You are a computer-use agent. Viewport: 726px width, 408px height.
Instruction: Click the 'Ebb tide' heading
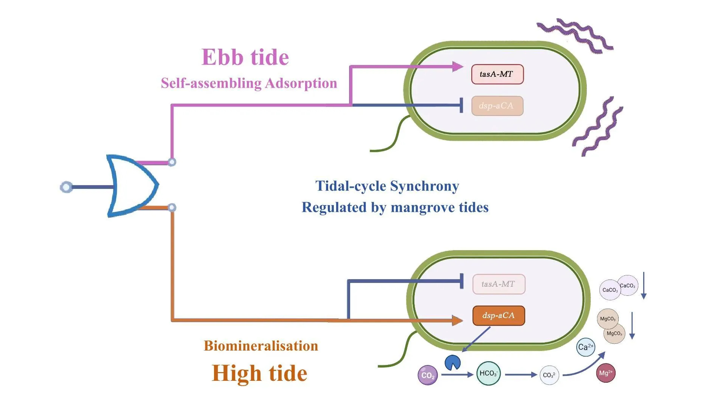(245, 57)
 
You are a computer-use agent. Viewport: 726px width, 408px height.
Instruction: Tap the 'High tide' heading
(259, 373)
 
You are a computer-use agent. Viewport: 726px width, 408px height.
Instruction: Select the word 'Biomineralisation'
(261, 346)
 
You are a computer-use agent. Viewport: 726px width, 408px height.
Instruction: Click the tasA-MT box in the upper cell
(497, 74)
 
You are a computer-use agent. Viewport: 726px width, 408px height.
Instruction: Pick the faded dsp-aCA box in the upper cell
(497, 106)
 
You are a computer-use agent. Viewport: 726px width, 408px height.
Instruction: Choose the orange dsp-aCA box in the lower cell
(498, 315)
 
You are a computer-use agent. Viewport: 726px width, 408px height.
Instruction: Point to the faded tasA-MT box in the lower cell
(499, 284)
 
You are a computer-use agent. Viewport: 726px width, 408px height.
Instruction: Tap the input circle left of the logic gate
(67, 187)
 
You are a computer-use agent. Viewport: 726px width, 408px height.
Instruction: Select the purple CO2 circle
(427, 375)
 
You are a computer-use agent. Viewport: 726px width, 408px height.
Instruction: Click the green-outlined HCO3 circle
(488, 373)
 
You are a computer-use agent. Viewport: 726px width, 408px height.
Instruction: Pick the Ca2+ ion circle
(585, 347)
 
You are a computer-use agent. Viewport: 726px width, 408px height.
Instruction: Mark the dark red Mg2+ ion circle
(605, 373)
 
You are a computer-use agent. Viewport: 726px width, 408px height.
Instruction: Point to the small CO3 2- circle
(549, 375)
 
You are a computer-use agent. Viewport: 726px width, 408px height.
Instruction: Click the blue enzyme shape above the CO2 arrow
(453, 363)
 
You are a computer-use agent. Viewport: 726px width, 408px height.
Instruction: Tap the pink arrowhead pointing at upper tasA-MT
(458, 67)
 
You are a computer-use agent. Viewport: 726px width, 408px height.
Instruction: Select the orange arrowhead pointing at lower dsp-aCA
(458, 320)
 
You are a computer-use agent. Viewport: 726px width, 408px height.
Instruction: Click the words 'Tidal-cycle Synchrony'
(387, 186)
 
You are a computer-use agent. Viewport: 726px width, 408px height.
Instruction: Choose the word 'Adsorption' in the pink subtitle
(301, 83)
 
